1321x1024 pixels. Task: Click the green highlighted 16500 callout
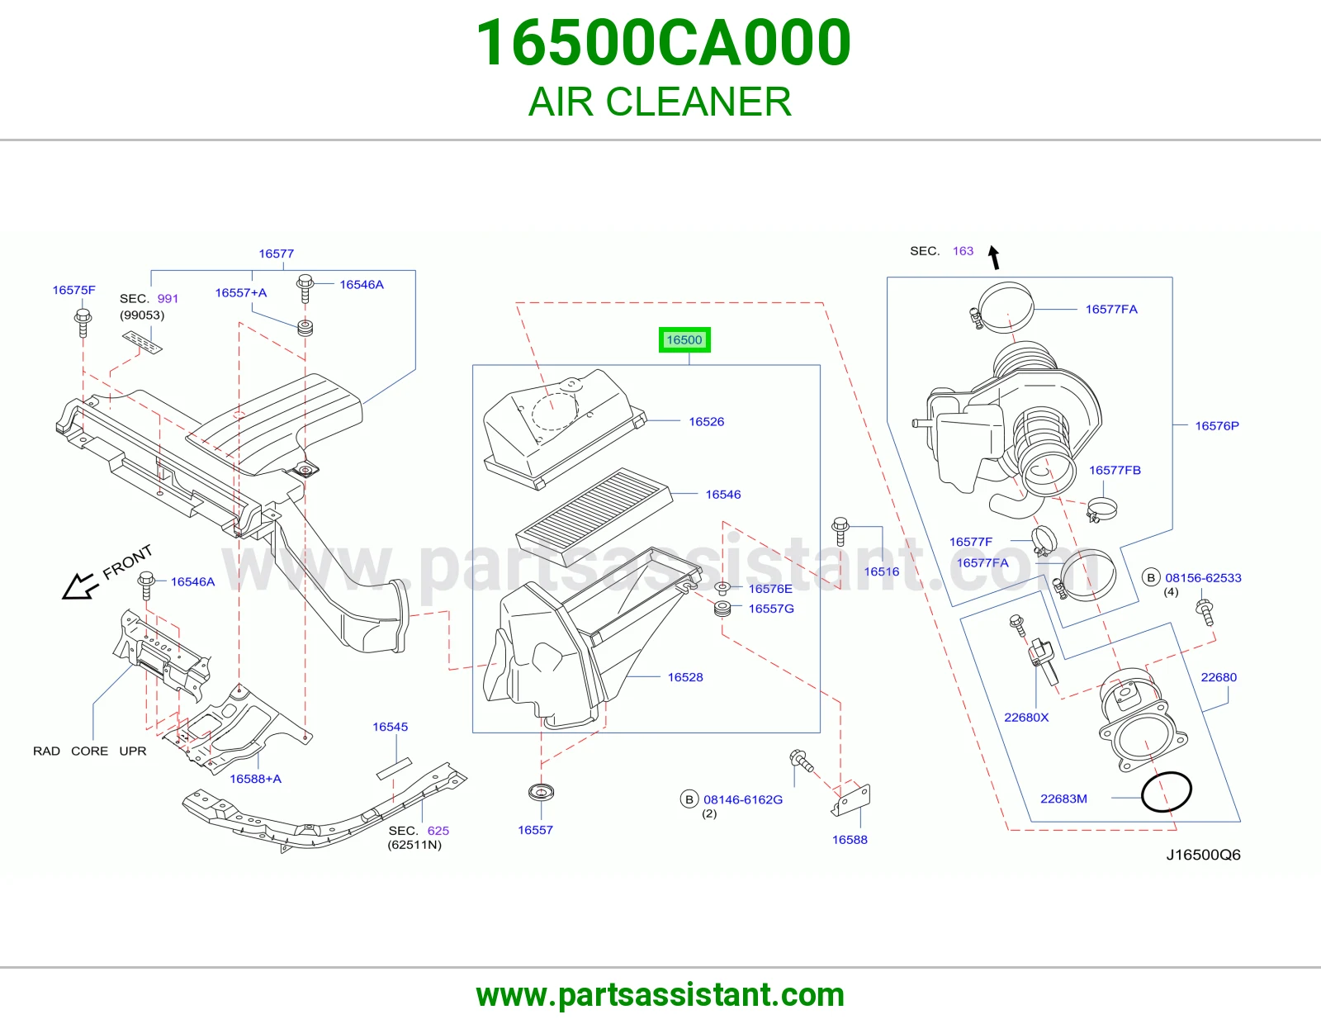[x=684, y=340]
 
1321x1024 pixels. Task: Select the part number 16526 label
[x=707, y=421]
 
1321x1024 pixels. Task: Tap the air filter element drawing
[x=594, y=515]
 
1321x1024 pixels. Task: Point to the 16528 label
[x=685, y=677]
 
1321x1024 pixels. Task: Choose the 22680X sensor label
[x=1026, y=717]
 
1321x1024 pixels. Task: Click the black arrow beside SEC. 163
[x=993, y=257]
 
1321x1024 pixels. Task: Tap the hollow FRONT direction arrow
[x=79, y=587]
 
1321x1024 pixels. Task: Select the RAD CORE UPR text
[x=89, y=751]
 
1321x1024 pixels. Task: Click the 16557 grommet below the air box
[x=541, y=792]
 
